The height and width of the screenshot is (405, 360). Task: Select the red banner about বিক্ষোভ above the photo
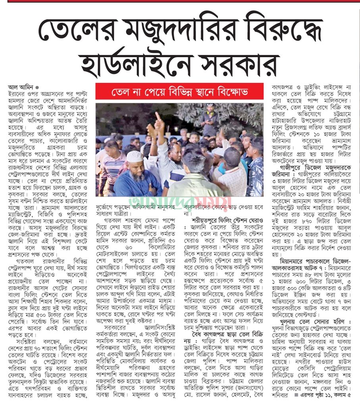pos(179,93)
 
